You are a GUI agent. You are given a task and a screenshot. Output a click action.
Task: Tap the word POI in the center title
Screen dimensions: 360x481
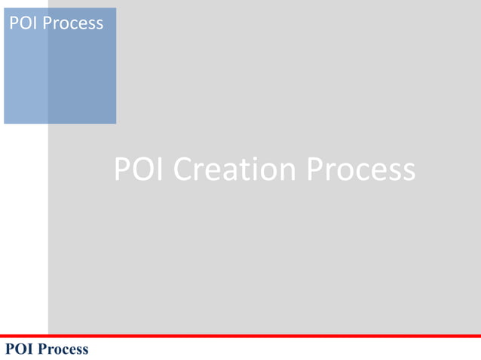(140, 169)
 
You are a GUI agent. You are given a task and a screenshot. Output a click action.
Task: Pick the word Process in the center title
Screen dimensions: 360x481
(361, 169)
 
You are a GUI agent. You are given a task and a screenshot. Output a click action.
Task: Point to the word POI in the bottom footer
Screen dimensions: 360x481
(20, 349)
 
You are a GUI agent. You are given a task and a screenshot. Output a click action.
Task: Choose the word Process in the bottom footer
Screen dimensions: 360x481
(63, 349)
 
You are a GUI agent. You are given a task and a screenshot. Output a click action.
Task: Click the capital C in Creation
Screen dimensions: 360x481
(184, 169)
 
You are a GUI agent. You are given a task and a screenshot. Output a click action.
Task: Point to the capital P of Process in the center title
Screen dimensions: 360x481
(315, 169)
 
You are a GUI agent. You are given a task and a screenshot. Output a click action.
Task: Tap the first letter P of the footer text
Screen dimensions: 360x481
(10, 349)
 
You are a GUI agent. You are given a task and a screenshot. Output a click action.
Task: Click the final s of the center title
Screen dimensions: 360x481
(407, 172)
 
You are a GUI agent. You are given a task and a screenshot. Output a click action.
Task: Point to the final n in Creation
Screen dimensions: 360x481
(290, 172)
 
